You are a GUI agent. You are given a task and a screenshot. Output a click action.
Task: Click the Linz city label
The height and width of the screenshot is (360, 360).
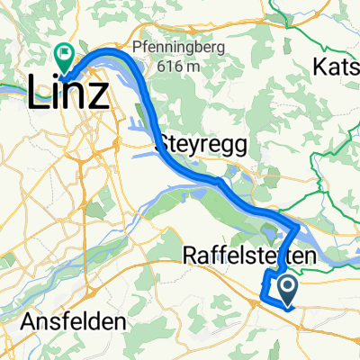[70, 92]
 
